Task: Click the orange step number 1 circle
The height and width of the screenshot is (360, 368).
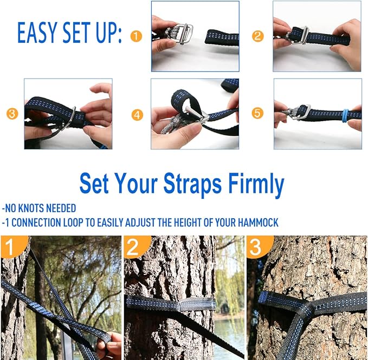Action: point(136,36)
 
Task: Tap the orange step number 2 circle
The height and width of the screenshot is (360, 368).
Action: point(258,36)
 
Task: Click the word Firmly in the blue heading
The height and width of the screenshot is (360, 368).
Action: point(253,185)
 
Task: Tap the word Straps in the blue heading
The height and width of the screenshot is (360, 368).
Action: point(188,185)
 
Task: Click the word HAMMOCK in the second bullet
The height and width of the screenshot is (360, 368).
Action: point(257,222)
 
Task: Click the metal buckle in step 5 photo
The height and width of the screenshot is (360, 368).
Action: point(301,113)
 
